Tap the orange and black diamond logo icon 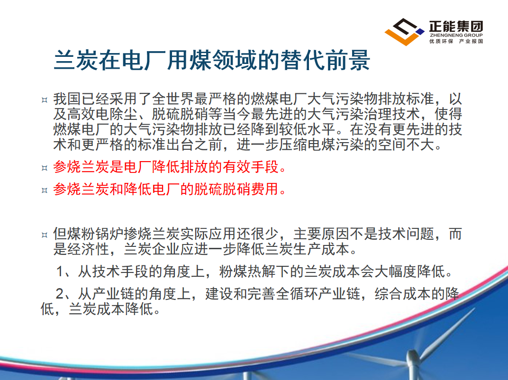(404, 32)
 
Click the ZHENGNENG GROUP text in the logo (456, 35)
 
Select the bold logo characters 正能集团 (456, 26)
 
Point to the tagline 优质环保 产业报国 (456, 41)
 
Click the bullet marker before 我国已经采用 (45, 100)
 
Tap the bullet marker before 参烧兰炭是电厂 (45, 168)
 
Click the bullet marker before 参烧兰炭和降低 (45, 190)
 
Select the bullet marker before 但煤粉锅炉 (45, 235)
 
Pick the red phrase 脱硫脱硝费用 (236, 189)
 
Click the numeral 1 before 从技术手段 (60, 271)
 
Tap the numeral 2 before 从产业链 (60, 294)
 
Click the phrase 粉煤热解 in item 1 (247, 271)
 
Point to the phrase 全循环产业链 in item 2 (318, 294)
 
